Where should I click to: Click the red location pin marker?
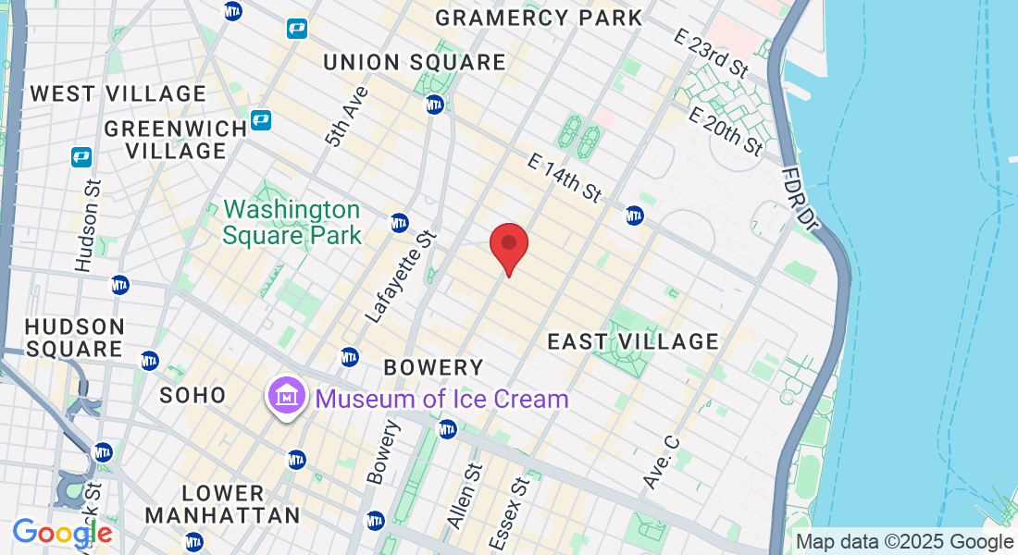tap(508, 246)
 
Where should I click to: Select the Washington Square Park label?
tap(292, 222)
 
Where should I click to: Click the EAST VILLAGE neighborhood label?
tap(633, 341)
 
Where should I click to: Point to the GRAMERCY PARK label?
tap(539, 18)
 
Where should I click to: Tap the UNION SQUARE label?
tap(415, 62)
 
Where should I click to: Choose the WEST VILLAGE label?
tap(118, 93)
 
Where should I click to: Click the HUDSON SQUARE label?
tap(74, 338)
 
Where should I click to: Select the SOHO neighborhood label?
tap(193, 395)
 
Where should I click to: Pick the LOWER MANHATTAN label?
tap(223, 504)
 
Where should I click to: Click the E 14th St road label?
tap(565, 177)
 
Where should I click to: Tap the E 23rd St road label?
tap(712, 53)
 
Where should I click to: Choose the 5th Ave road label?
tap(346, 117)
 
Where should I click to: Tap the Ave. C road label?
tap(661, 462)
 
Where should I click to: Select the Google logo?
tap(62, 533)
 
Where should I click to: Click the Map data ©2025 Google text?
tap(905, 542)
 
